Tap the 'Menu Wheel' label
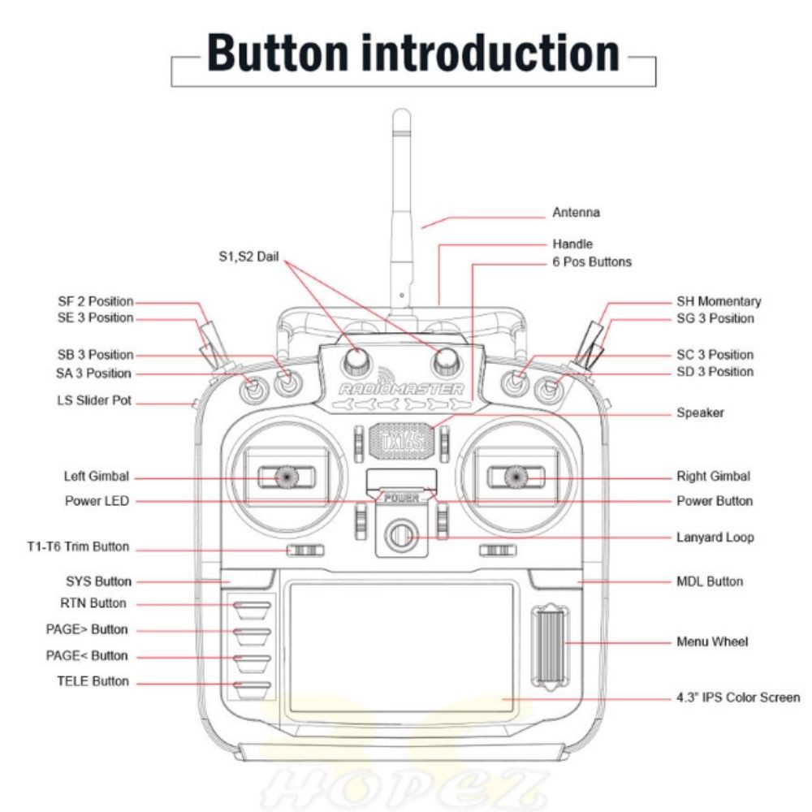(712, 641)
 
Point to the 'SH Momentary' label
(719, 301)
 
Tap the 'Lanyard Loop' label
(715, 538)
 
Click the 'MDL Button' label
(709, 581)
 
